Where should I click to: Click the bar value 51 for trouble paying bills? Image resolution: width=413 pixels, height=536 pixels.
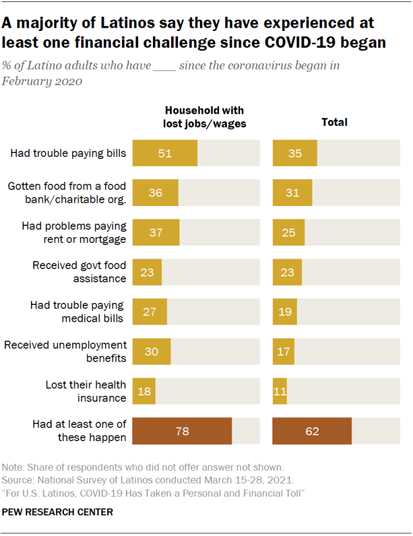165,153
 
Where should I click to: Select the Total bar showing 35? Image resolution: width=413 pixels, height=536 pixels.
295,153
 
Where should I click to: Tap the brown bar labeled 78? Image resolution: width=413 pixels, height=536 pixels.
182,431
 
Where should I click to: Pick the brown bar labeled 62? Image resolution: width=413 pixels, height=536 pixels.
312,431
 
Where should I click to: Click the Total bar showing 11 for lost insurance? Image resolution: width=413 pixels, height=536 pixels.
280,391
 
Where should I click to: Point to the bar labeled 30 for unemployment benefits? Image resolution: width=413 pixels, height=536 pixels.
152,351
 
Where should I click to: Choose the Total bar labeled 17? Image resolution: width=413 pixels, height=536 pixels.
284,351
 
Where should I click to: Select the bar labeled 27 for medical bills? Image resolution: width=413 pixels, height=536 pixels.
150,311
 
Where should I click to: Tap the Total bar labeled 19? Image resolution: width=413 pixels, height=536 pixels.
285,311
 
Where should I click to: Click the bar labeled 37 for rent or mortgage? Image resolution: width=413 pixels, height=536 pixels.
156,232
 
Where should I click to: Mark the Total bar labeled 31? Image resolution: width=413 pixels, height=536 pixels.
292,192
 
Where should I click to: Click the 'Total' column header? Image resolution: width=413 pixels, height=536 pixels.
334,122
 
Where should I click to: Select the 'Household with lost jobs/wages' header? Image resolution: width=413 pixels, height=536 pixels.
205,117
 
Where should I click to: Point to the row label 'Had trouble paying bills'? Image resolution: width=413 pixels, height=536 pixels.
68,153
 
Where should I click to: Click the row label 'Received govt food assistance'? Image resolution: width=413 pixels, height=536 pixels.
79,272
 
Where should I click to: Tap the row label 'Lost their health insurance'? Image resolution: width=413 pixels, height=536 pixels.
86,391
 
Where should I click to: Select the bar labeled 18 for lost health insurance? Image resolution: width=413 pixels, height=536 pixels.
144,391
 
